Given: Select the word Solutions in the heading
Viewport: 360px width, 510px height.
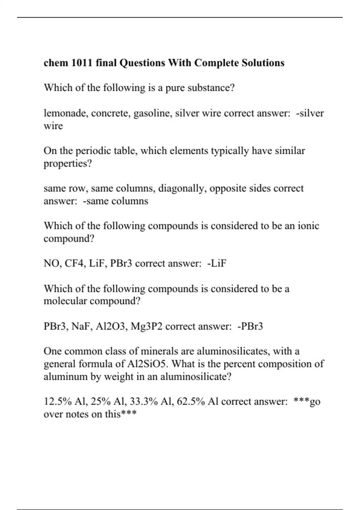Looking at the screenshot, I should pyautogui.click(x=263, y=63).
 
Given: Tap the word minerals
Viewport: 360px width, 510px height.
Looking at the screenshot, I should pyautogui.click(x=163, y=351).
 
